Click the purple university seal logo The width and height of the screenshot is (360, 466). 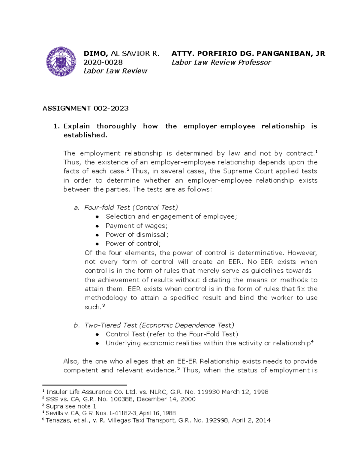[x=61, y=62]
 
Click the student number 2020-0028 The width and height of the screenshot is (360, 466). [x=103, y=62]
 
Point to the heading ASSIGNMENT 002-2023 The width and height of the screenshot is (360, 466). [x=85, y=108]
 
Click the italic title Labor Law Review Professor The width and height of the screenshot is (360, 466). [x=221, y=62]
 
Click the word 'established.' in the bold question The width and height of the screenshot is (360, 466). [x=85, y=135]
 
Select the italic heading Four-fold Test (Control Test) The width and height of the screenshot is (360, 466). [x=131, y=207]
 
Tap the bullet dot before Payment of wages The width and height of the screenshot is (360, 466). [x=97, y=226]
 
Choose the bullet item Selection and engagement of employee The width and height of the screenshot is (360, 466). [x=171, y=216]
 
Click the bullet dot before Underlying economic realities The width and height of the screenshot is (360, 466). [x=97, y=344]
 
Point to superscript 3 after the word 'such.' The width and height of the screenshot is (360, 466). [x=103, y=305]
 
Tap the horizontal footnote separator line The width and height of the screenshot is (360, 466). [x=85, y=385]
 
